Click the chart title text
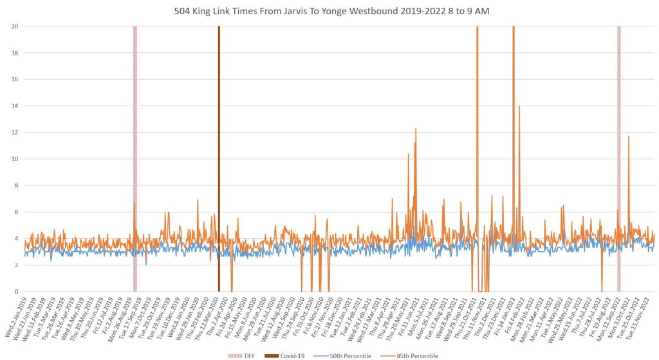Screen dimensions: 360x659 (329, 11)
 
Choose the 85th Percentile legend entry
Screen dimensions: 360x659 (409, 355)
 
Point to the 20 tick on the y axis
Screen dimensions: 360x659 (14, 26)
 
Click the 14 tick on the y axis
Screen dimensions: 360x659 (14, 106)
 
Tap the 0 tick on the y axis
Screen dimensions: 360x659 (15, 292)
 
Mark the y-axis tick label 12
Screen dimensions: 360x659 (14, 133)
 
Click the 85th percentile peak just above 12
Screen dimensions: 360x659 (416, 129)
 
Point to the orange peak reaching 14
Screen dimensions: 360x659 (519, 107)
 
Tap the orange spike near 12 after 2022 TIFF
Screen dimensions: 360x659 (629, 137)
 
